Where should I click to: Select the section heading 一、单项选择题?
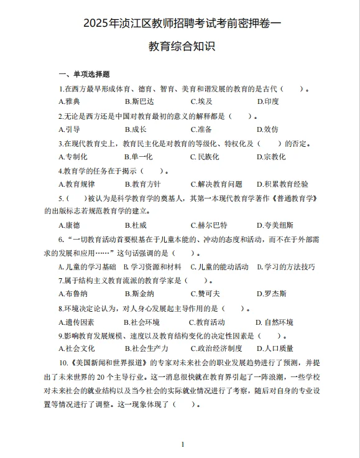pyautogui.click(x=84, y=74)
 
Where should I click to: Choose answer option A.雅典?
pyautogui.click(x=69, y=101)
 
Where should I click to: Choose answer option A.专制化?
pyautogui.click(x=73, y=157)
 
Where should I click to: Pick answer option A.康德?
pyautogui.click(x=69, y=225)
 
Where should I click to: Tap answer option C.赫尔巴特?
pyautogui.click(x=208, y=225)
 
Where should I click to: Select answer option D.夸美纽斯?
pyautogui.click(x=275, y=225)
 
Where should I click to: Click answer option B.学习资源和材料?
pyautogui.click(x=152, y=267)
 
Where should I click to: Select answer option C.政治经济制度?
pyautogui.click(x=216, y=348)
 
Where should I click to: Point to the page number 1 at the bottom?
pyautogui.click(x=182, y=444)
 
